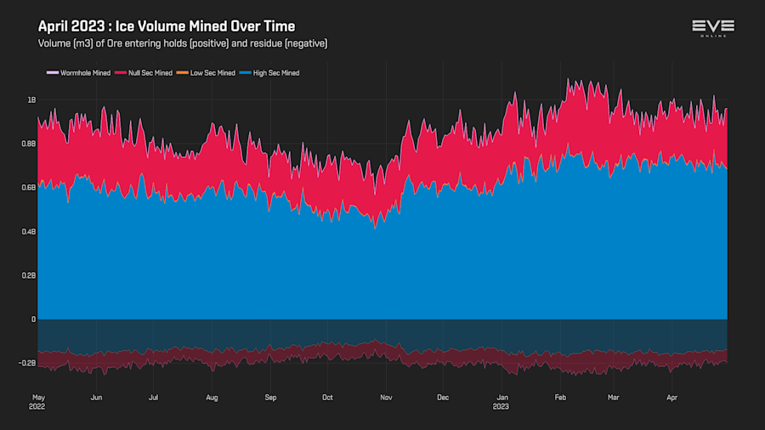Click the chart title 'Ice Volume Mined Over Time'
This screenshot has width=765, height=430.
click(167, 26)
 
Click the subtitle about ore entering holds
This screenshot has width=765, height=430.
click(183, 43)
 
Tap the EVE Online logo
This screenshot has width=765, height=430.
click(712, 28)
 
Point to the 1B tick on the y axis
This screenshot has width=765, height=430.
click(31, 100)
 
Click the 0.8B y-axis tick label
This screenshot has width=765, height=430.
click(28, 144)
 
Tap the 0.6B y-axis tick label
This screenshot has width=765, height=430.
click(28, 188)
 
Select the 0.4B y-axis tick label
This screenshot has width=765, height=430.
click(28, 232)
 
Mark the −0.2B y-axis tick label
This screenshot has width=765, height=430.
click(27, 363)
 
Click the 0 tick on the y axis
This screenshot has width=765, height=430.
click(33, 320)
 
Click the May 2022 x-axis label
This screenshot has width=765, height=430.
click(38, 401)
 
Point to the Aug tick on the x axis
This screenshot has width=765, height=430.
click(212, 397)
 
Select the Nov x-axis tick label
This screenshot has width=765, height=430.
click(386, 397)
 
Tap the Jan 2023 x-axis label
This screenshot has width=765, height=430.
click(502, 401)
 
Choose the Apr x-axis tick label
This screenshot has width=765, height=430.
click(671, 397)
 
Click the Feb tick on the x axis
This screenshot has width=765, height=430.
click(560, 397)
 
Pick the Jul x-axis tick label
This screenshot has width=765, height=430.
click(153, 397)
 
